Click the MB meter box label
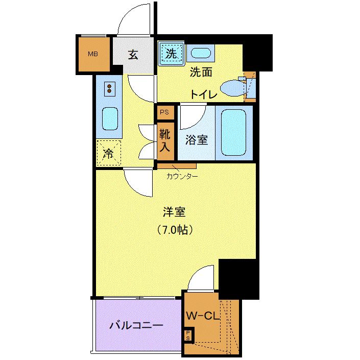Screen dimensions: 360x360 pyautogui.click(x=93, y=54)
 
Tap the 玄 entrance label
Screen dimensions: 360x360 pyautogui.click(x=133, y=55)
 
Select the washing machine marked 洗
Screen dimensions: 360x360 pyautogui.click(x=171, y=54)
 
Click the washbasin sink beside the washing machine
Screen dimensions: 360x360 pyautogui.click(x=201, y=53)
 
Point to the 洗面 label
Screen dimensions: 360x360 pyautogui.click(x=201, y=73)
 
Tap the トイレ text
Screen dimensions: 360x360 pyautogui.click(x=204, y=94)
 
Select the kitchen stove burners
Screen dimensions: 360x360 pyautogui.click(x=109, y=89)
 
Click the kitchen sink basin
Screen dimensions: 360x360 pyautogui.click(x=110, y=119)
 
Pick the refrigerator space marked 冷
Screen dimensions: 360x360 pyautogui.click(x=109, y=153)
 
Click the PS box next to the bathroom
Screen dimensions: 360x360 pyautogui.click(x=165, y=112)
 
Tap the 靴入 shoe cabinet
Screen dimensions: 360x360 pyautogui.click(x=165, y=141)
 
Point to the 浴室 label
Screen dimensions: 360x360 pyautogui.click(x=197, y=140)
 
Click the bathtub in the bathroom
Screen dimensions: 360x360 pyautogui.click(x=233, y=132)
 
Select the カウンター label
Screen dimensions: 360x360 pyautogui.click(x=182, y=176)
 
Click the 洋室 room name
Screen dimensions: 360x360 pyautogui.click(x=174, y=212)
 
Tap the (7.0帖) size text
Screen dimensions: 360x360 pyautogui.click(x=175, y=230)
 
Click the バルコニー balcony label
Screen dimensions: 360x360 pyautogui.click(x=136, y=325)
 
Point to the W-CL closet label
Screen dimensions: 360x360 pyautogui.click(x=203, y=316)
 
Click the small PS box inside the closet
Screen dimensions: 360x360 pyautogui.click(x=188, y=335)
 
